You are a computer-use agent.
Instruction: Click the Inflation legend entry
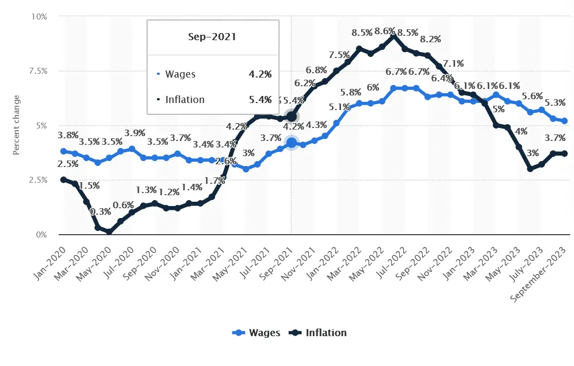[318, 332]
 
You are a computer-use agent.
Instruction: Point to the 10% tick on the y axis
[39, 17]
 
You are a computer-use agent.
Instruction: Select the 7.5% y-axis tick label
[37, 71]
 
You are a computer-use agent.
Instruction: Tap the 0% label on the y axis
[41, 235]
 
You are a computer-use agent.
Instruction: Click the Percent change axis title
[16, 126]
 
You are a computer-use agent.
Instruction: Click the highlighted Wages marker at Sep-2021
[292, 143]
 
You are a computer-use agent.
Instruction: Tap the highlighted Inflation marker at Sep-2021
[292, 117]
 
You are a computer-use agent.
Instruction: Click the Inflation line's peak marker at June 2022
[393, 36]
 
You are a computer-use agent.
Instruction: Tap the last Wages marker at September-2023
[565, 121]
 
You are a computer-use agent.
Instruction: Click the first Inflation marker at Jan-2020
[64, 179]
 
